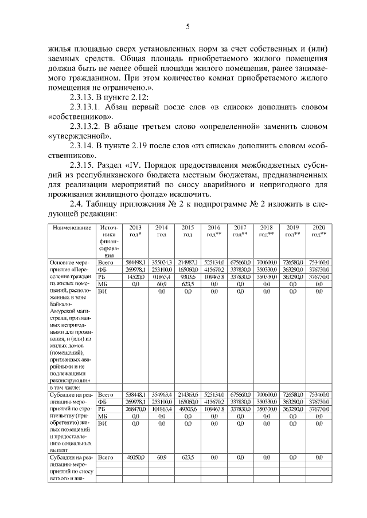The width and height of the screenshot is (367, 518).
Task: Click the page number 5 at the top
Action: click(188, 27)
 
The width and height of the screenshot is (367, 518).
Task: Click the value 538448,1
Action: click(135, 394)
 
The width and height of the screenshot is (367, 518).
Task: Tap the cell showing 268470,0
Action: click(135, 409)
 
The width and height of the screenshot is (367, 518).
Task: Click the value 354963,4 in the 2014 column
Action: click(162, 394)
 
